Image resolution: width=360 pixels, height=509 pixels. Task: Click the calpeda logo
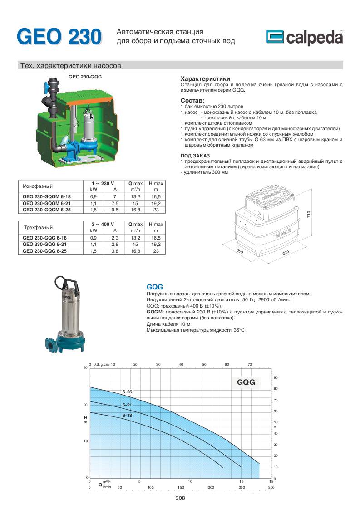click(x=305, y=38)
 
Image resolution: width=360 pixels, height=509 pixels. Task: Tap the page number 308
click(x=180, y=498)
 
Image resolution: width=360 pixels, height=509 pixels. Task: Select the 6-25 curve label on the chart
click(x=127, y=392)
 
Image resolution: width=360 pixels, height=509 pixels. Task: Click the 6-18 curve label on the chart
click(x=127, y=415)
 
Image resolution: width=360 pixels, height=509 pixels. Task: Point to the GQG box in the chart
click(x=246, y=382)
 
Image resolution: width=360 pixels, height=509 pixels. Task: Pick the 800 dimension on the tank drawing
click(x=286, y=254)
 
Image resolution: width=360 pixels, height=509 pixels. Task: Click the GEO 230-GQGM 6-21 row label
click(x=47, y=204)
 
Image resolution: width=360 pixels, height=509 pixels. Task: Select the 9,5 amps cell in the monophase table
click(x=115, y=210)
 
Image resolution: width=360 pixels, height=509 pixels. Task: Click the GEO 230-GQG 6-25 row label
click(x=44, y=251)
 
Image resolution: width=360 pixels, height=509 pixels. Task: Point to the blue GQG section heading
click(x=155, y=287)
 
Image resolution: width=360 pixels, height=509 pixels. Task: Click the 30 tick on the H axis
click(x=85, y=368)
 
